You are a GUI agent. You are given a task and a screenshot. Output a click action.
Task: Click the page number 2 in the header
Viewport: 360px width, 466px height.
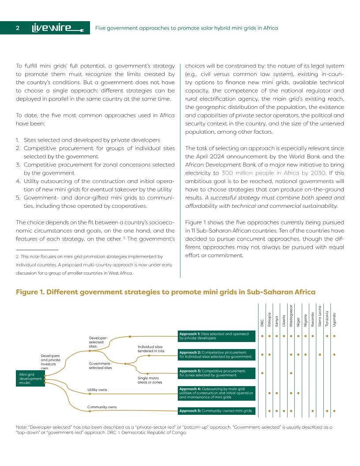pos(18,28)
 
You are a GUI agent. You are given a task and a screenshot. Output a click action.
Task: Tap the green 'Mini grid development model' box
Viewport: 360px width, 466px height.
pos(30,379)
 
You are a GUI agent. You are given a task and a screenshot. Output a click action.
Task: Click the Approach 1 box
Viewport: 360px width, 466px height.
pos(216,336)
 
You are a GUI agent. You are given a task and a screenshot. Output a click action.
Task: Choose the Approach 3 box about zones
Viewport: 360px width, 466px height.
pos(216,373)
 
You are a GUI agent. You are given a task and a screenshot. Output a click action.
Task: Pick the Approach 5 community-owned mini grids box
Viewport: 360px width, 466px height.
pos(216,411)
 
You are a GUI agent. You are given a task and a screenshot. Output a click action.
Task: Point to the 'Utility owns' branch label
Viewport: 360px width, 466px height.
pos(97,390)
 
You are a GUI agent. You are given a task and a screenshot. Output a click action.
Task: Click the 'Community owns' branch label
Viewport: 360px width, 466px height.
pos(101,407)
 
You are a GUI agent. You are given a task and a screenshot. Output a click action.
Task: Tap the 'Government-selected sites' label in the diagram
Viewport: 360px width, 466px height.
pos(100,365)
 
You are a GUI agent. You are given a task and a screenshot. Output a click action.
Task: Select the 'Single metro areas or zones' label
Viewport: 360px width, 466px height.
pos(150,380)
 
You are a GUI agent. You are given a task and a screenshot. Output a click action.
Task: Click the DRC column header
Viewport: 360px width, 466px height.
pos(262,323)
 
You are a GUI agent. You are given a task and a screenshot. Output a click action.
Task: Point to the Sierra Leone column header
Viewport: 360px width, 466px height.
pos(320,316)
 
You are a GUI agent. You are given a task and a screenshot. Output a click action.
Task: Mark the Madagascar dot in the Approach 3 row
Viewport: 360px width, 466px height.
pos(291,373)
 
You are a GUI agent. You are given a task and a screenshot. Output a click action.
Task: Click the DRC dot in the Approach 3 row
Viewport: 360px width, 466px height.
pos(262,373)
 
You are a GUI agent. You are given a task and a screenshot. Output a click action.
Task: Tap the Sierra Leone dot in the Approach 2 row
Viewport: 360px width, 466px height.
pos(320,354)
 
